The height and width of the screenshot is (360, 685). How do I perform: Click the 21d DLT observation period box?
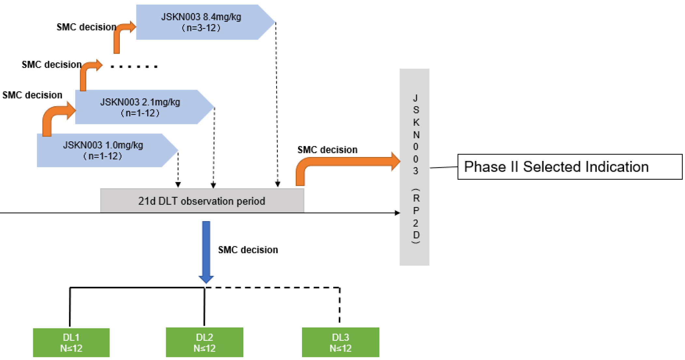tap(202, 201)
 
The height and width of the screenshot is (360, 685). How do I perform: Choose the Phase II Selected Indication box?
tap(570, 167)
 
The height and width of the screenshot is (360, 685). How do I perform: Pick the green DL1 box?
tap(71, 342)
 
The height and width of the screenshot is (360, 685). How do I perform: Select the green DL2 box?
tap(205, 342)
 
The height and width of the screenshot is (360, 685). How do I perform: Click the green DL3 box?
tap(340, 342)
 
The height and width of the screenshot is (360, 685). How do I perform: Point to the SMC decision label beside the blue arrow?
tap(248, 250)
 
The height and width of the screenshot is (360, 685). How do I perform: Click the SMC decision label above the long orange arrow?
tap(327, 150)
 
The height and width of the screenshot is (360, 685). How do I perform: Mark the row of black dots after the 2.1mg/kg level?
tap(134, 66)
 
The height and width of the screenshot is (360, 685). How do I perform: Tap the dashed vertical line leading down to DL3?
tap(340, 305)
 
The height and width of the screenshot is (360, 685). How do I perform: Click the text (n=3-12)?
tap(201, 28)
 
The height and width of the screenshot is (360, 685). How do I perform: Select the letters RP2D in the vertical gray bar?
tap(416, 217)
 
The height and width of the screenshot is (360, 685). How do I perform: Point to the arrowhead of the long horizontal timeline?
tap(398, 213)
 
